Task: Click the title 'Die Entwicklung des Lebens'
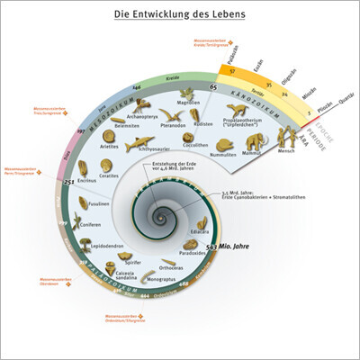[179, 16]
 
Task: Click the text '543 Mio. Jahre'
[225, 246]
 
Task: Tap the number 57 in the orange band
[233, 70]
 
